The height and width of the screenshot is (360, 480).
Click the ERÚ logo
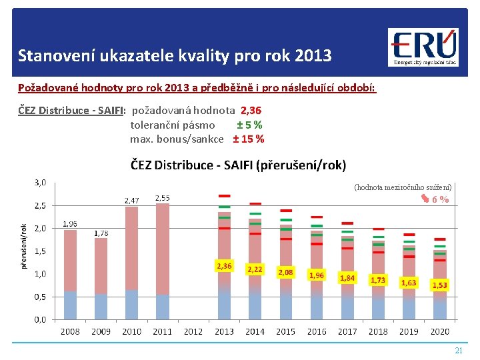(x=423, y=47)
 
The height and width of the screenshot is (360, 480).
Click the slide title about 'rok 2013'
(x=175, y=55)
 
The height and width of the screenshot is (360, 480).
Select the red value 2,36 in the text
(x=251, y=110)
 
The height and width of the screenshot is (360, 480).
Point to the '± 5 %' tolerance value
(x=249, y=125)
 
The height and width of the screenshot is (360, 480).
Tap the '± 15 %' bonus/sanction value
(x=248, y=139)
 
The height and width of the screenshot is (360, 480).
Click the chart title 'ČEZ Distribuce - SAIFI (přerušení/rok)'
(x=238, y=165)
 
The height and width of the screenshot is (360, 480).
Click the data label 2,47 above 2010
(x=132, y=200)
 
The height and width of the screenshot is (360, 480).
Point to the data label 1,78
(x=101, y=233)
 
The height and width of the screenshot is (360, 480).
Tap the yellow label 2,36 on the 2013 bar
(x=224, y=266)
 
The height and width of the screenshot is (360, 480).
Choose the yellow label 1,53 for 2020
(x=440, y=285)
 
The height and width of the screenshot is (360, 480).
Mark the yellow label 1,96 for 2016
(x=316, y=275)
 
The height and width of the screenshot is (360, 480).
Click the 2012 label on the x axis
(x=193, y=331)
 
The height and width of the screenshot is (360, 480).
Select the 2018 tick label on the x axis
(x=378, y=331)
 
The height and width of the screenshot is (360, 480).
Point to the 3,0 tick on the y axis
(x=40, y=182)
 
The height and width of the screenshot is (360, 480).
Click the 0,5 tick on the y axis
(x=40, y=297)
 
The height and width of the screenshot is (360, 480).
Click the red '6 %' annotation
(x=439, y=199)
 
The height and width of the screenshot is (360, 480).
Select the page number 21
(x=458, y=350)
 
